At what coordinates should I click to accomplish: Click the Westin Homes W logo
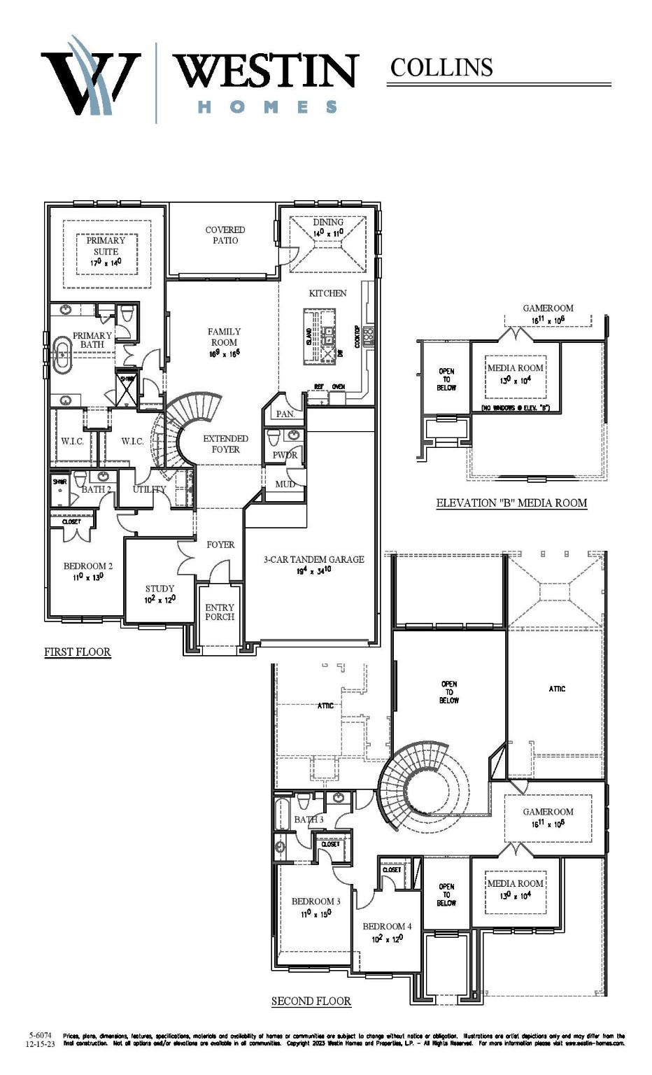click(x=90, y=77)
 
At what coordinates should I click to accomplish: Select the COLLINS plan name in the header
click(x=441, y=67)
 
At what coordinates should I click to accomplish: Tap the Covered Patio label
click(x=225, y=235)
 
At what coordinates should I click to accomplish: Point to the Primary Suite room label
click(x=106, y=251)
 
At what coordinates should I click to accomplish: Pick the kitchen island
click(x=320, y=337)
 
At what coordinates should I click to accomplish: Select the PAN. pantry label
click(x=285, y=414)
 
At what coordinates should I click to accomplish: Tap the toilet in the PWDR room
click(x=274, y=437)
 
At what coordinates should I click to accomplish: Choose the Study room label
click(x=160, y=593)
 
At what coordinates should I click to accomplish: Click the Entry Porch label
click(x=220, y=612)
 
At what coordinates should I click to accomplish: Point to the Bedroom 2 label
click(x=88, y=571)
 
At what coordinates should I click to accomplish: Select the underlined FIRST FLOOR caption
click(x=78, y=652)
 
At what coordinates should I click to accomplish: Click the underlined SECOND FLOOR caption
click(x=311, y=1001)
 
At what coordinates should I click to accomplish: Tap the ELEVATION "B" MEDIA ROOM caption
click(x=511, y=503)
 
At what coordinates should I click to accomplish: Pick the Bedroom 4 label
click(x=387, y=932)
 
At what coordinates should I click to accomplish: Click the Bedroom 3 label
click(x=316, y=906)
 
